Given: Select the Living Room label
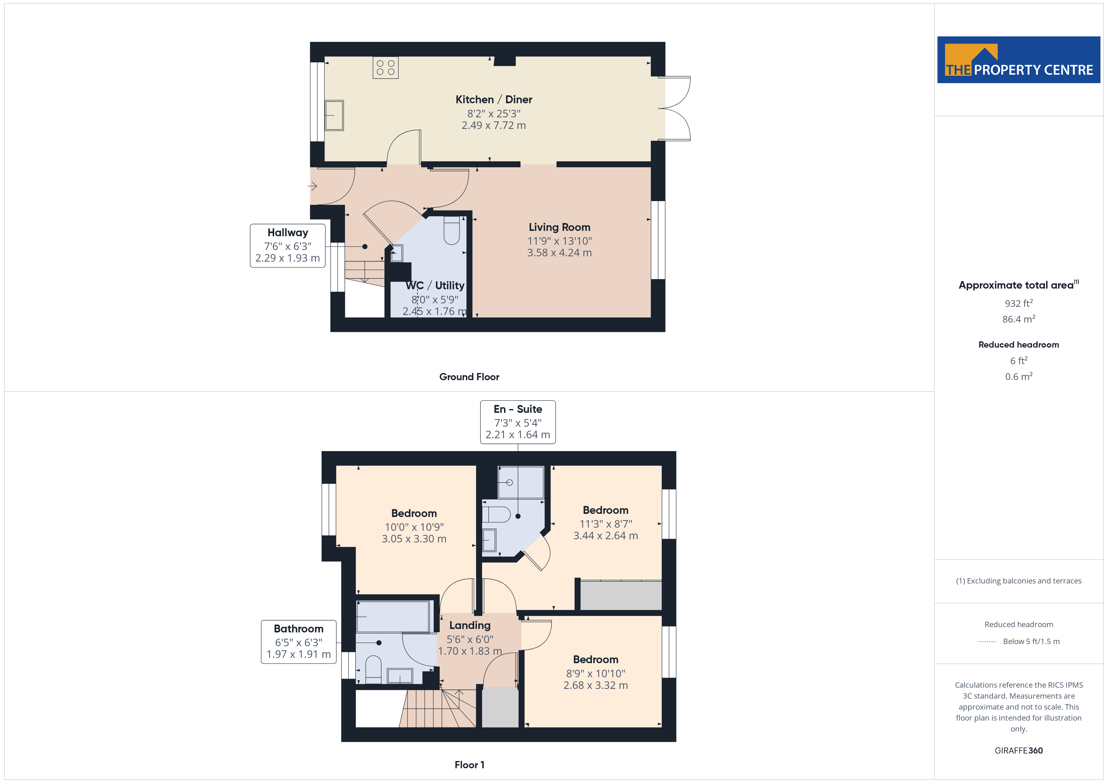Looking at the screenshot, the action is [x=559, y=227].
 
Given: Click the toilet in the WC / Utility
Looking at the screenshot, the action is [x=452, y=231].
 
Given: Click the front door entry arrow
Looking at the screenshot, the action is [x=312, y=186].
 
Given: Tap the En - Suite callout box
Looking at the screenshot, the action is [x=518, y=422].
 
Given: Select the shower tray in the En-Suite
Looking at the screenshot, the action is [x=521, y=482].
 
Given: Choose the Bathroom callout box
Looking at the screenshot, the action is [x=299, y=642].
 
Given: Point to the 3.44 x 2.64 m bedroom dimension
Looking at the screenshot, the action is [x=605, y=536].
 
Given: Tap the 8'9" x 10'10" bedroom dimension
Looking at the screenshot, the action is [x=595, y=673].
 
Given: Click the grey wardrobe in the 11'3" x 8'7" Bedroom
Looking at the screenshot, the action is [x=621, y=595].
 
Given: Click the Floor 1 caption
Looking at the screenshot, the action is [x=469, y=765].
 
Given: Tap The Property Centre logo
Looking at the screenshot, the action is [x=1018, y=60].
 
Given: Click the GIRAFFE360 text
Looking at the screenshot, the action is [x=1018, y=750].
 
